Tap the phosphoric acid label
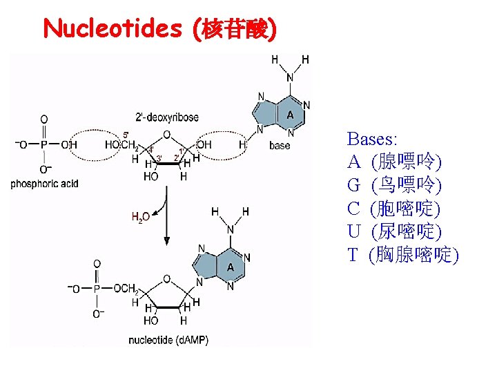[44, 184]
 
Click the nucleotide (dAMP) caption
[168, 340]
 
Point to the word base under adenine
[280, 146]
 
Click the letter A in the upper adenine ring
[290, 115]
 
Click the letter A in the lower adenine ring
[231, 267]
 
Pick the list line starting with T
[403, 254]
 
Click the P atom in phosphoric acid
[44, 144]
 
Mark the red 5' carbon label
[125, 135]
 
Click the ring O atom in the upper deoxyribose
[166, 135]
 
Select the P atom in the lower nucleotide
[97, 288]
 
